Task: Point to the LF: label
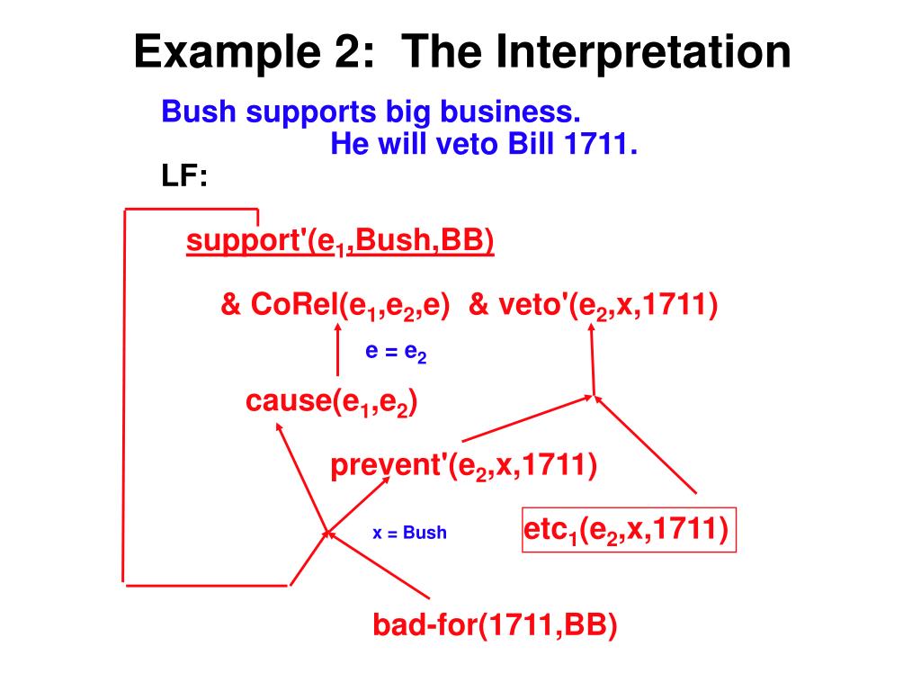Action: point(183,176)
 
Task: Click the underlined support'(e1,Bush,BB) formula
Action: point(340,242)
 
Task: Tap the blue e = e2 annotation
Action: point(396,352)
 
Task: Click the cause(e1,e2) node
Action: point(330,403)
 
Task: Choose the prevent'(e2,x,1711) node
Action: point(463,466)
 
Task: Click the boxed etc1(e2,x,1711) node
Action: point(629,529)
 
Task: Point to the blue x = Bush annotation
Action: point(409,533)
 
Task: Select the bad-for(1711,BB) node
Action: point(495,624)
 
